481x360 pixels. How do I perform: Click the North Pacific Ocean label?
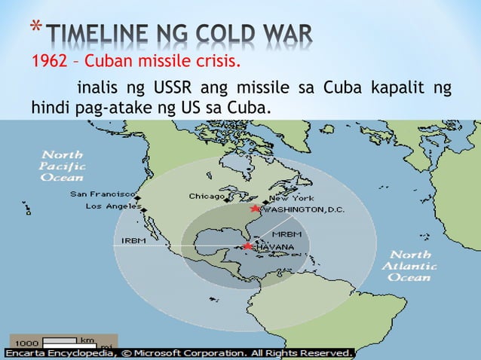pyautogui.click(x=63, y=165)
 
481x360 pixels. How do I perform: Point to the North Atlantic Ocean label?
pyautogui.click(x=410, y=266)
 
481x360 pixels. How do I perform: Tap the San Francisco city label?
pyautogui.click(x=103, y=194)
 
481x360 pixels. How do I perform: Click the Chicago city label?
pyautogui.click(x=206, y=196)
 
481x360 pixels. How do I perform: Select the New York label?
pyautogui.click(x=287, y=197)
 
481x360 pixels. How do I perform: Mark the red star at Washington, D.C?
pyautogui.click(x=255, y=209)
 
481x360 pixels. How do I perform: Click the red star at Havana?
pyautogui.click(x=247, y=246)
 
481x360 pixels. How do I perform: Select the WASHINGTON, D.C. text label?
pyautogui.click(x=303, y=209)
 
